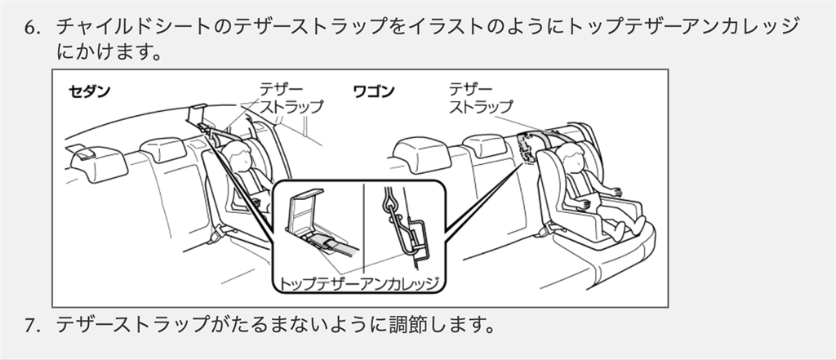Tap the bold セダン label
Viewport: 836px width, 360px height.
point(87,91)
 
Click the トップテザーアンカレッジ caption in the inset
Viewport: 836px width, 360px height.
point(359,283)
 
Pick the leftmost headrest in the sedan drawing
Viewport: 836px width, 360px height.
point(96,162)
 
